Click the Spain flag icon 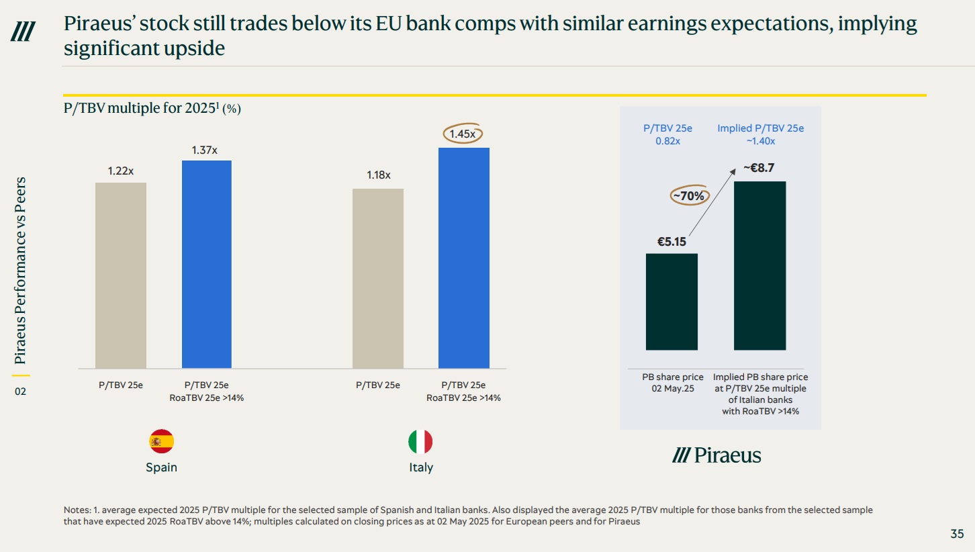point(161,441)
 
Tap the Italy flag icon point(420,441)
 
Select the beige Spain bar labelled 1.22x point(121,275)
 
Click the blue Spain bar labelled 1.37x point(207,264)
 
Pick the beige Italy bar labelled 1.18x point(378,278)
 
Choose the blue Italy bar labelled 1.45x point(464,258)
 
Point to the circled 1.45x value point(463,134)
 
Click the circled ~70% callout point(688,196)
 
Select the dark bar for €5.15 point(671,302)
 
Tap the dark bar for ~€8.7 point(759,265)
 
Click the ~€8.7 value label point(759,169)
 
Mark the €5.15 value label point(671,242)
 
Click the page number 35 point(957,535)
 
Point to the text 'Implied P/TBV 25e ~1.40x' point(760,134)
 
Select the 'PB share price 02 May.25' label point(672,383)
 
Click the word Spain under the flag point(161,467)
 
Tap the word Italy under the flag point(421,467)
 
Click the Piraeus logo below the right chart point(716,456)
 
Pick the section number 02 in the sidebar point(20,391)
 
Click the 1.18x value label point(378,175)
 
